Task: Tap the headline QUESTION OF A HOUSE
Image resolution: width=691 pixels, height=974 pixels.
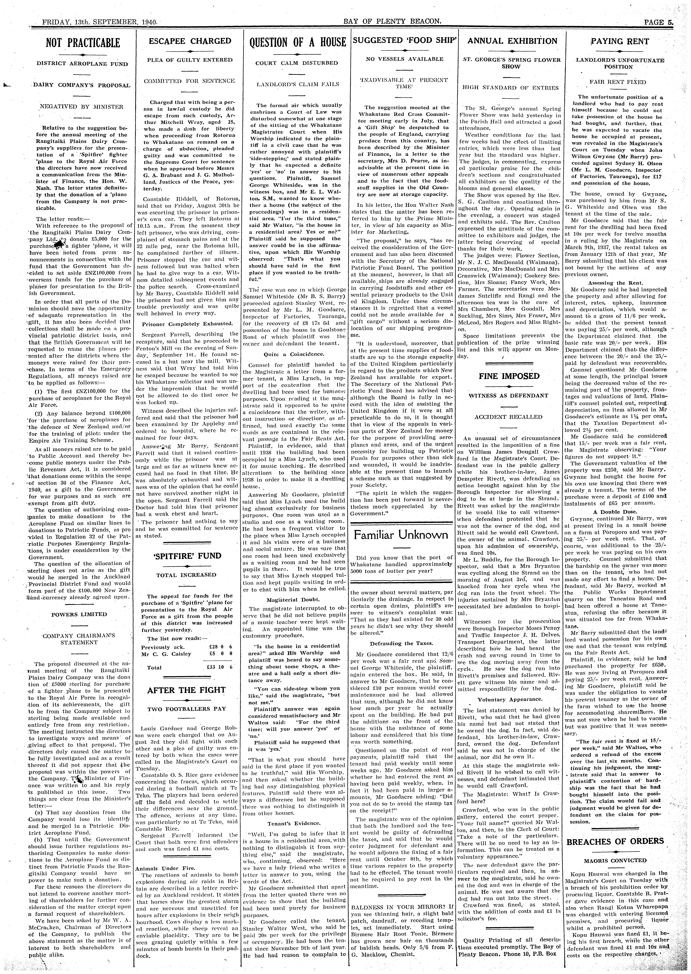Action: pyautogui.click(x=297, y=42)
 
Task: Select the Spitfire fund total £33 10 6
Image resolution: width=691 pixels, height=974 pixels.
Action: pyautogui.click(x=219, y=668)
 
